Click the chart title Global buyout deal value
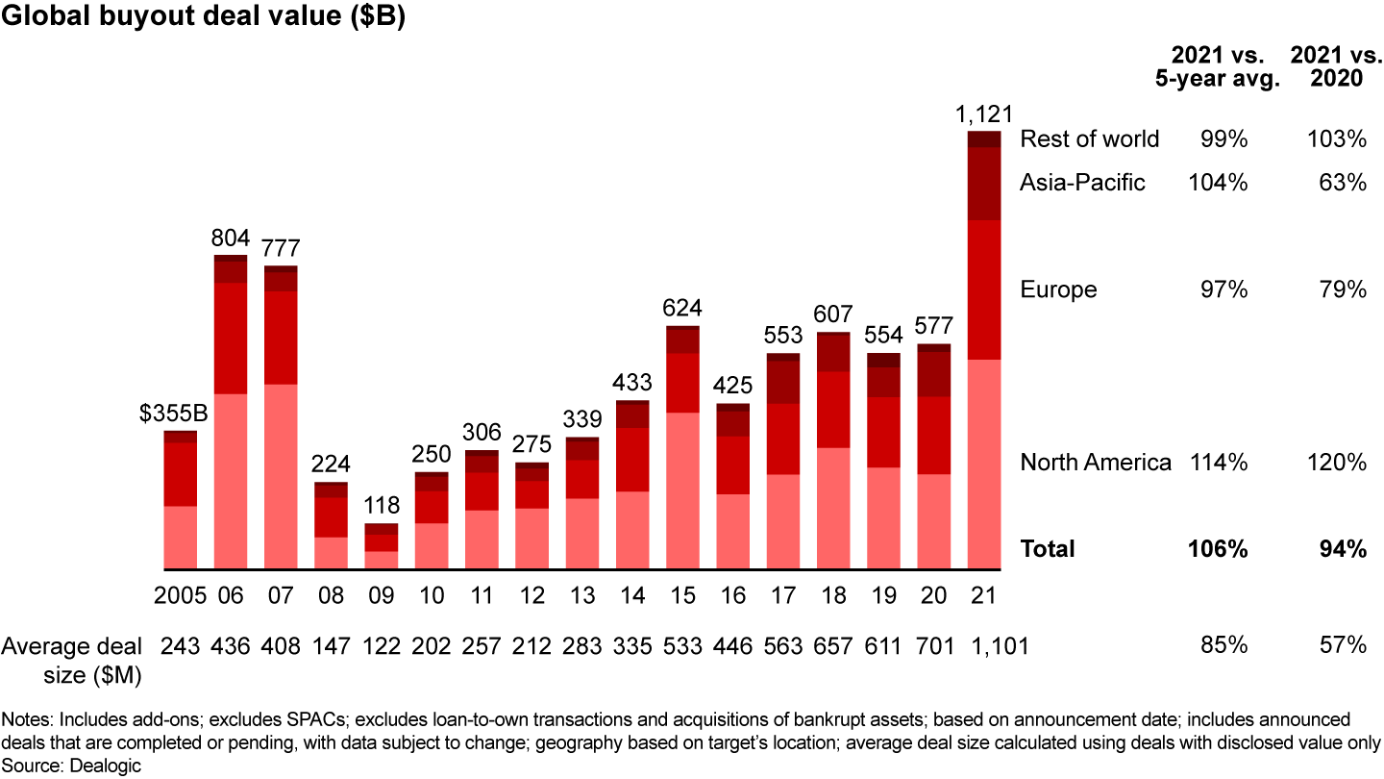tap(203, 19)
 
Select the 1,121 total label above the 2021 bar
tap(983, 114)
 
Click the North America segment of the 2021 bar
tap(983, 464)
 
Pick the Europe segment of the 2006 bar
tap(231, 338)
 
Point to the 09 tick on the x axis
tap(382, 595)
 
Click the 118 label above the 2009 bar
tap(382, 507)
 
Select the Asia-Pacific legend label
tap(1082, 183)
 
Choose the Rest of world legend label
tap(1089, 139)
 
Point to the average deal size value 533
tap(682, 646)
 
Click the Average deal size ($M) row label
tap(72, 660)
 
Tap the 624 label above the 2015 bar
tap(682, 309)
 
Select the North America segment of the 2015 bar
tap(682, 490)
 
